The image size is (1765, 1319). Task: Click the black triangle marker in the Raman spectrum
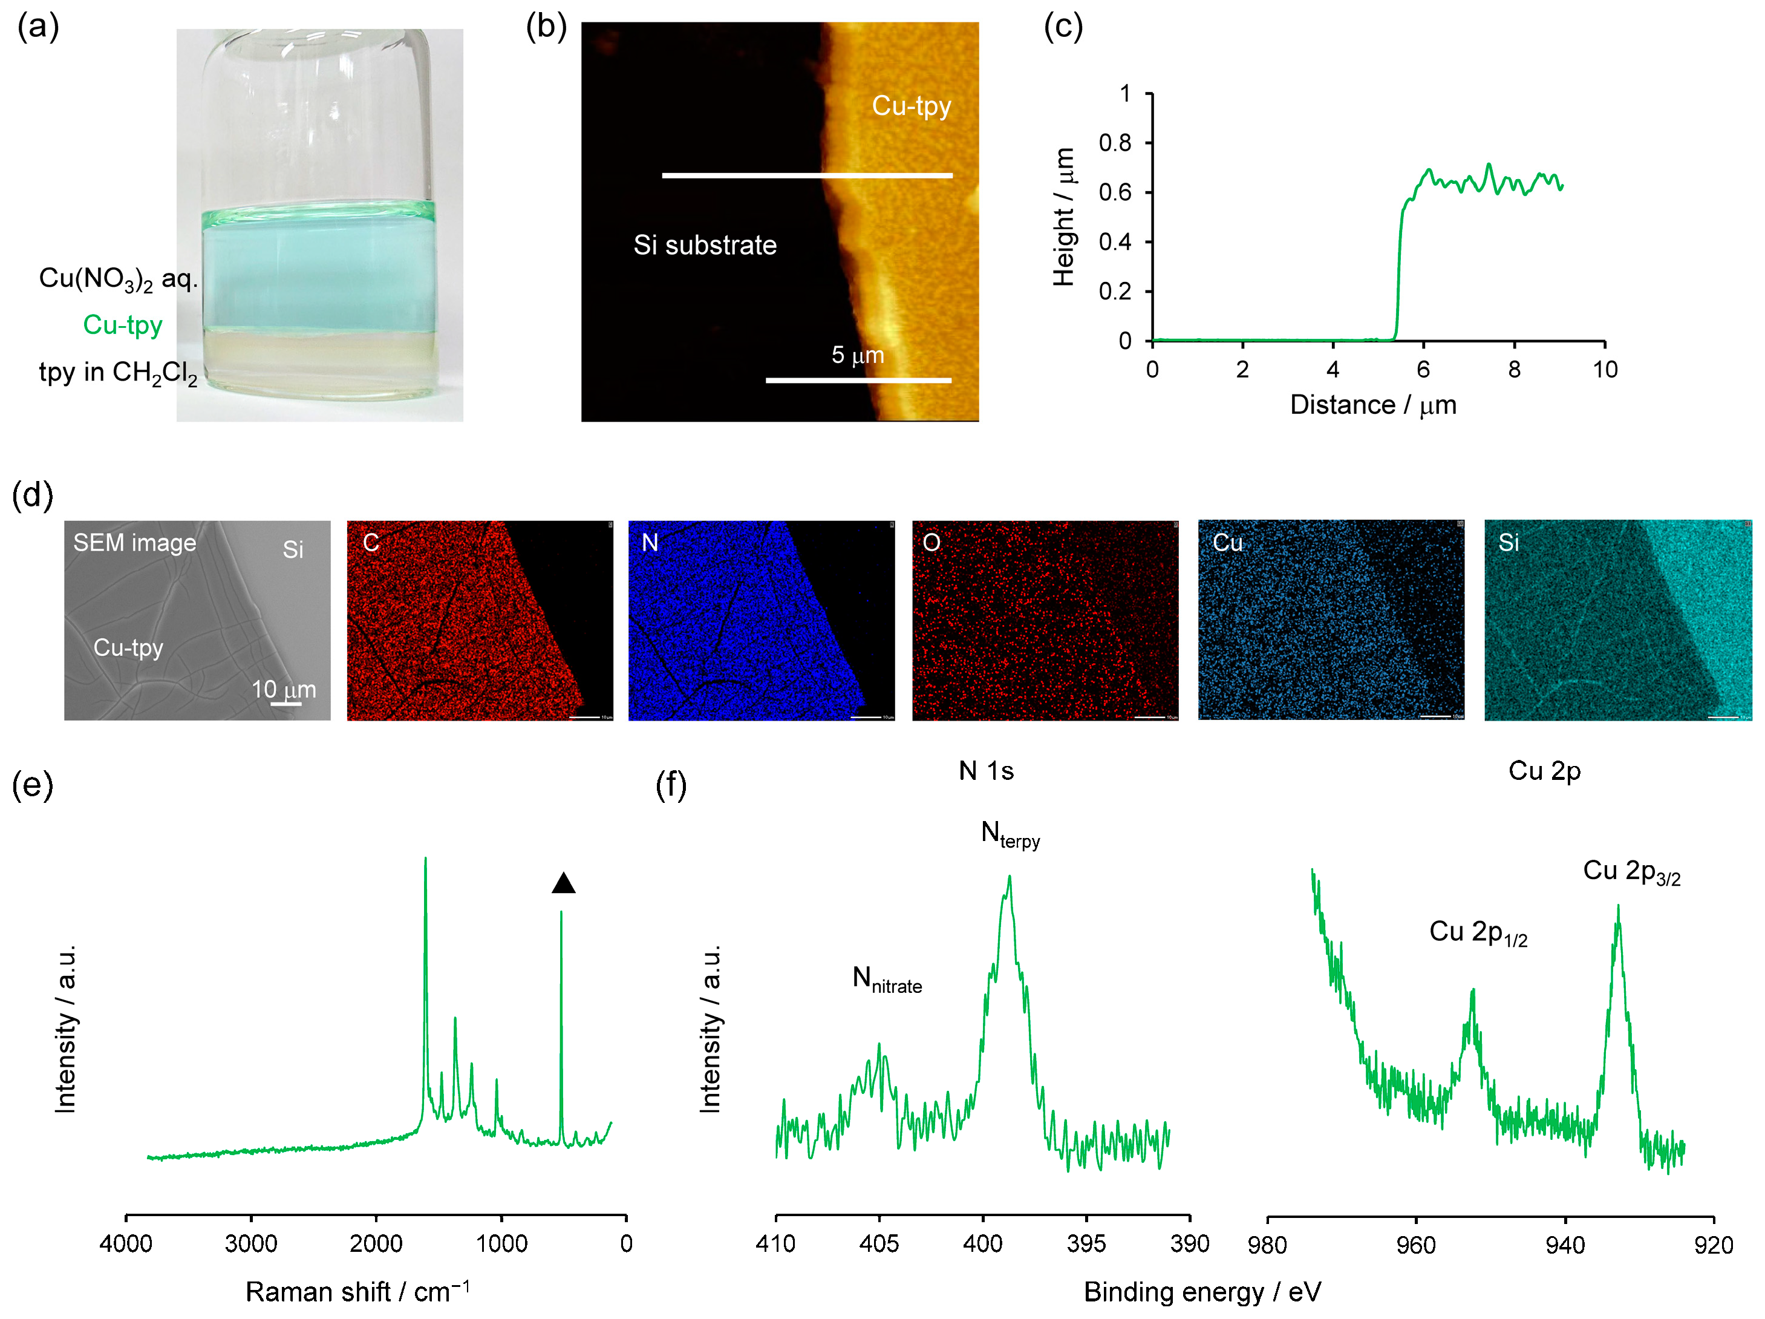[x=563, y=883]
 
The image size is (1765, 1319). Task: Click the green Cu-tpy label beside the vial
[x=122, y=326]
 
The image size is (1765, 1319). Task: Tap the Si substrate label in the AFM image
[x=705, y=245]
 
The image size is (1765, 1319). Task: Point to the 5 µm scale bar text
[x=858, y=355]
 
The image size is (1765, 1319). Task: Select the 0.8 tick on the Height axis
[x=1115, y=143]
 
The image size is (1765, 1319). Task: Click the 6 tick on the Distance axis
[x=1423, y=370]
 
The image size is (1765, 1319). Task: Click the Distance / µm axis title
[x=1372, y=405]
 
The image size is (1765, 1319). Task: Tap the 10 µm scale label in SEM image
[x=284, y=689]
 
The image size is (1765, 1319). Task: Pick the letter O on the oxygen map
[x=931, y=543]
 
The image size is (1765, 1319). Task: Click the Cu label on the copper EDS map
[x=1227, y=543]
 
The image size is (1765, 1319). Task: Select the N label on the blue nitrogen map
[x=650, y=543]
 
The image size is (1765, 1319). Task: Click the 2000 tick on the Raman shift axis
[x=376, y=1243]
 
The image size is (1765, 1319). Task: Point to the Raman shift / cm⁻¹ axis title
[x=357, y=1291]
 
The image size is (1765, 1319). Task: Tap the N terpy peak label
[x=1010, y=834]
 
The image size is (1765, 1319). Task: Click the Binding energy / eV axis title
[x=1202, y=1291]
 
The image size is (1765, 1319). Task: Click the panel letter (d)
[x=33, y=495]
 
